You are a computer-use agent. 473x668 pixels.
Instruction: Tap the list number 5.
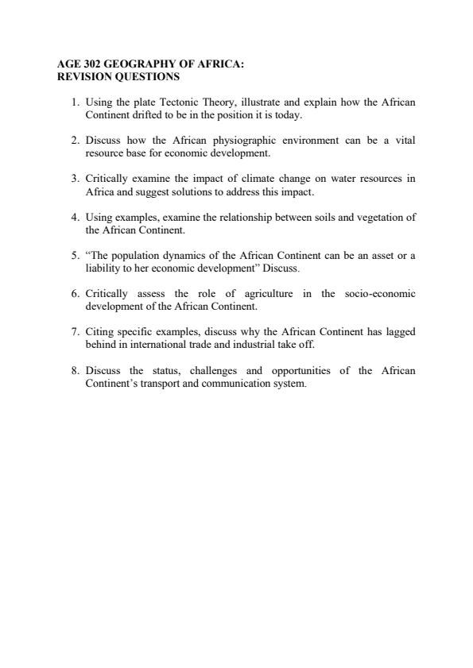[75, 255]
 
